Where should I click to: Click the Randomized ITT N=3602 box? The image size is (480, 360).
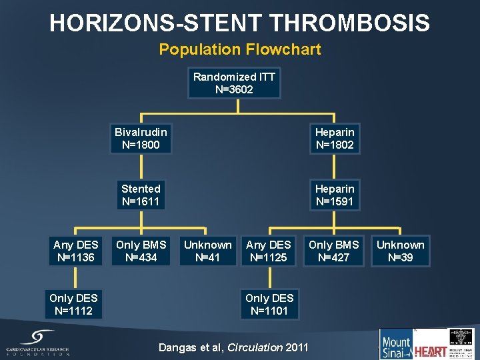(234, 83)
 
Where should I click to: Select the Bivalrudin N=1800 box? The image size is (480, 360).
(141, 138)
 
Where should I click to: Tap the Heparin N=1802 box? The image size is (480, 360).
(335, 138)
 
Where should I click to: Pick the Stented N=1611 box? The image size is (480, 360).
(141, 195)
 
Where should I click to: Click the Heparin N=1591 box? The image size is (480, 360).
(335, 195)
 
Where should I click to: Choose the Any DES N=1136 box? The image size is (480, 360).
(75, 251)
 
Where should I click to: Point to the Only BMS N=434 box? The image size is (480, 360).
(141, 251)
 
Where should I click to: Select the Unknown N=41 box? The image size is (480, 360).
(208, 251)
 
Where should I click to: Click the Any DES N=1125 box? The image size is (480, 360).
(269, 251)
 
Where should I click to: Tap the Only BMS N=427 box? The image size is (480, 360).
(334, 251)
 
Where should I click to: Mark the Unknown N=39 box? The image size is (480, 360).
(400, 251)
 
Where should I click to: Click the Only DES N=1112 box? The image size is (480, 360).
(73, 304)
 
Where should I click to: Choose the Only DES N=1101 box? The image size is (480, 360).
(269, 304)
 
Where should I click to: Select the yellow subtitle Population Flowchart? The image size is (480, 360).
(239, 49)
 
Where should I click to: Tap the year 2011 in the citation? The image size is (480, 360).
(297, 347)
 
